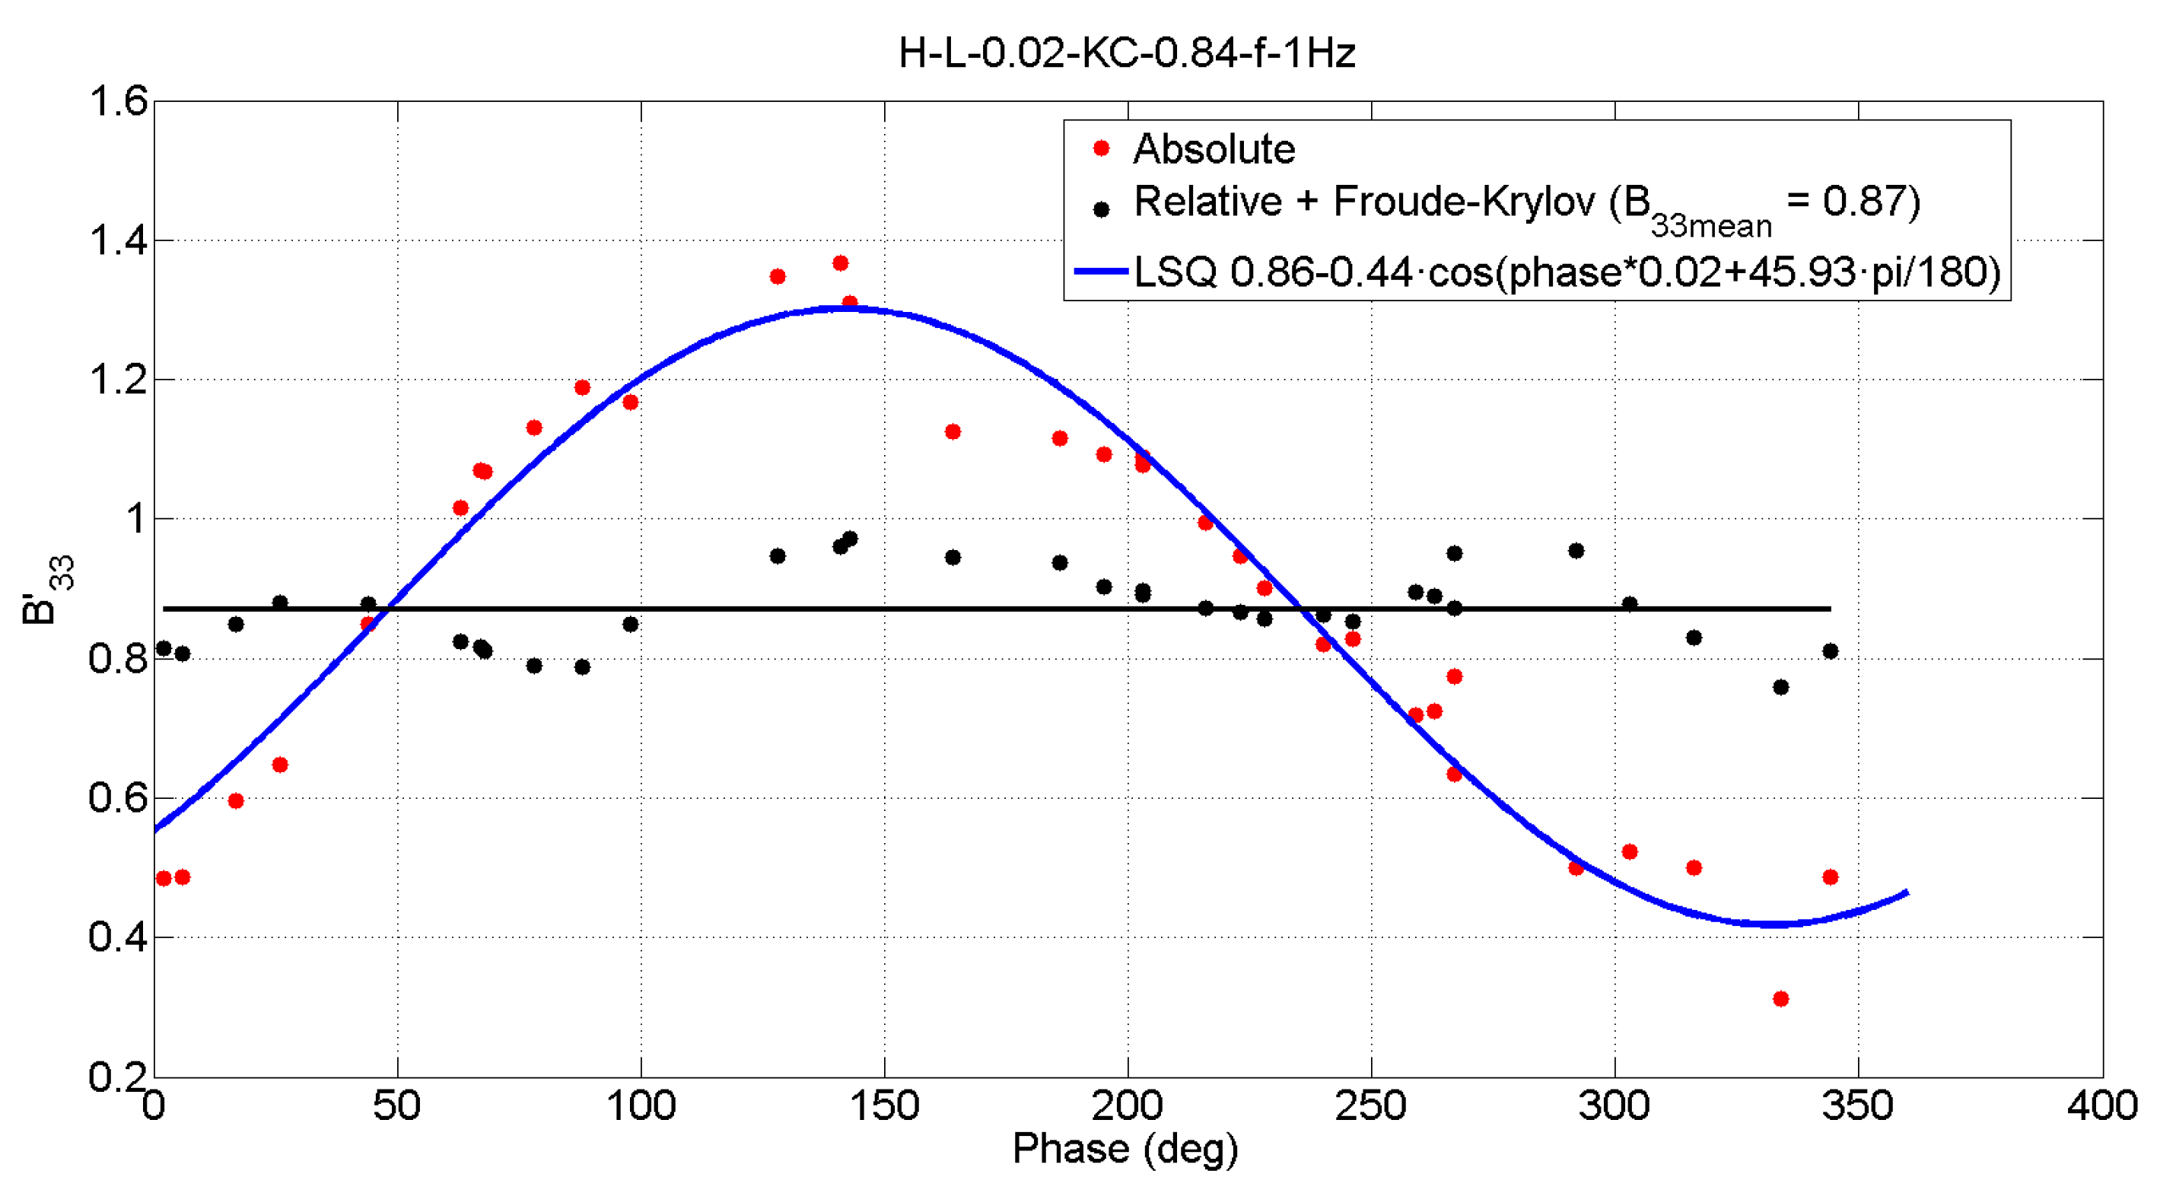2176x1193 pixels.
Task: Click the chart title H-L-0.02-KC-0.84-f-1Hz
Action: click(x=1127, y=53)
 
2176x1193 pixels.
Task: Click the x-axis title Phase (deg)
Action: click(x=1125, y=1149)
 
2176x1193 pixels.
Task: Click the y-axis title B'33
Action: click(x=47, y=589)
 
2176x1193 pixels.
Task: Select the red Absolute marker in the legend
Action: click(x=1101, y=148)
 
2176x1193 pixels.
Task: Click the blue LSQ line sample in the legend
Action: click(x=1101, y=271)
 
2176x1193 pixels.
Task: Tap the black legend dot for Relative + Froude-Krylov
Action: click(x=1101, y=208)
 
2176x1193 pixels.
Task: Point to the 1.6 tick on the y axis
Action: click(x=118, y=101)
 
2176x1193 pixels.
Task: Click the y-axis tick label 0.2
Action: click(x=118, y=1077)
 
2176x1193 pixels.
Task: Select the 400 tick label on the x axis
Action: click(x=2101, y=1106)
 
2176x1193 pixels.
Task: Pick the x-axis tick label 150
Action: click(x=884, y=1106)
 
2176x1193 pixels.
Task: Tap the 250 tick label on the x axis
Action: click(x=1371, y=1106)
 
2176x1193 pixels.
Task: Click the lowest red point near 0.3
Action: click(x=1780, y=999)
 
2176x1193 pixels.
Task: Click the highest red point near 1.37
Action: click(x=841, y=263)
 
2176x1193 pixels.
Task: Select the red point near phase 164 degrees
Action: click(x=953, y=431)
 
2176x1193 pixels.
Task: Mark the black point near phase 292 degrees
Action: click(x=1576, y=551)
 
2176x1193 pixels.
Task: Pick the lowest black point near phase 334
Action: click(x=1780, y=687)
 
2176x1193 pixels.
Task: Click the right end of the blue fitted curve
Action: click(x=1907, y=892)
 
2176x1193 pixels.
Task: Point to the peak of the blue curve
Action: click(x=845, y=308)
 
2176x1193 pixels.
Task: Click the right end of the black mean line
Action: click(x=1829, y=609)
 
